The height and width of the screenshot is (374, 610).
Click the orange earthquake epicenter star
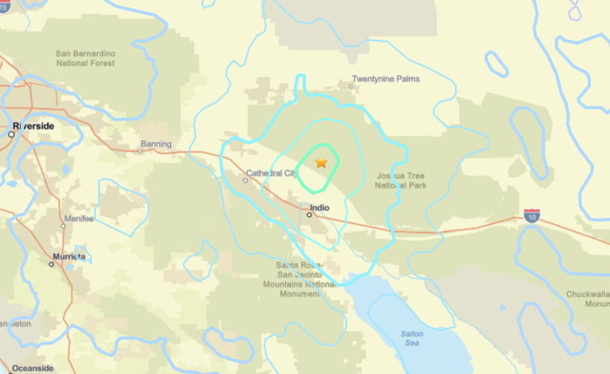click(x=321, y=163)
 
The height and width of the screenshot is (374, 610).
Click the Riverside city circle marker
click(x=11, y=134)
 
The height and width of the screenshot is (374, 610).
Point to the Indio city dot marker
click(x=309, y=214)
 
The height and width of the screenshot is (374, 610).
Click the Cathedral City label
click(x=271, y=172)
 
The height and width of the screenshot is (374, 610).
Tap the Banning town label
click(x=156, y=144)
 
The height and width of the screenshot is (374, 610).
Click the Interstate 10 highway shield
click(x=532, y=215)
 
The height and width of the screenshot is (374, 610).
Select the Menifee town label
click(x=77, y=218)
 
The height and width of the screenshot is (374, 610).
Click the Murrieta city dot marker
click(x=51, y=264)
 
